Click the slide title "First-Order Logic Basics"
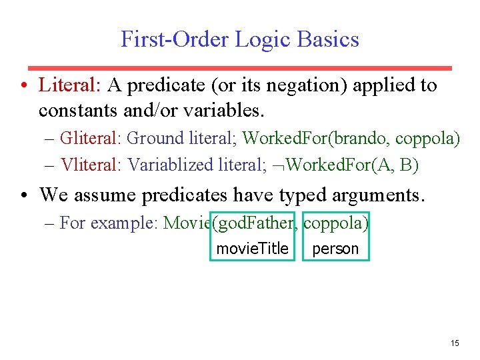click(239, 39)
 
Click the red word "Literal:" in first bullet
click(69, 85)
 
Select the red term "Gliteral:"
click(90, 139)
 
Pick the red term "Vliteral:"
click(90, 165)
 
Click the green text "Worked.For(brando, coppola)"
click(351, 139)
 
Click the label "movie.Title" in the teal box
click(252, 249)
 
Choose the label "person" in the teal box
click(335, 249)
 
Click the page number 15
click(455, 343)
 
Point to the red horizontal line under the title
click(239, 68)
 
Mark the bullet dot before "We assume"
click(23, 195)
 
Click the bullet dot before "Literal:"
click(23, 86)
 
